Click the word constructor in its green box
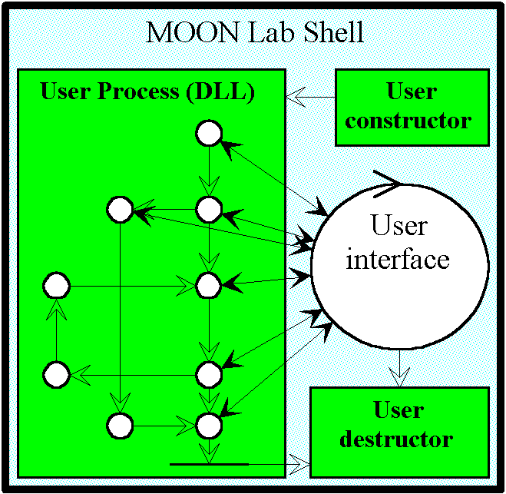[408, 120]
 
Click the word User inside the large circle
[399, 226]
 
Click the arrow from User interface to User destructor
[399, 368]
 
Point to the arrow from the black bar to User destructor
[279, 464]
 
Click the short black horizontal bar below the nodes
[209, 464]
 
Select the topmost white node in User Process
[208, 134]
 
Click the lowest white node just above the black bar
[208, 423]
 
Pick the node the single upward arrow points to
[56, 287]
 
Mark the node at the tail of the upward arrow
[56, 375]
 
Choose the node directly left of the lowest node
[121, 423]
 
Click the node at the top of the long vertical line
[121, 209]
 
